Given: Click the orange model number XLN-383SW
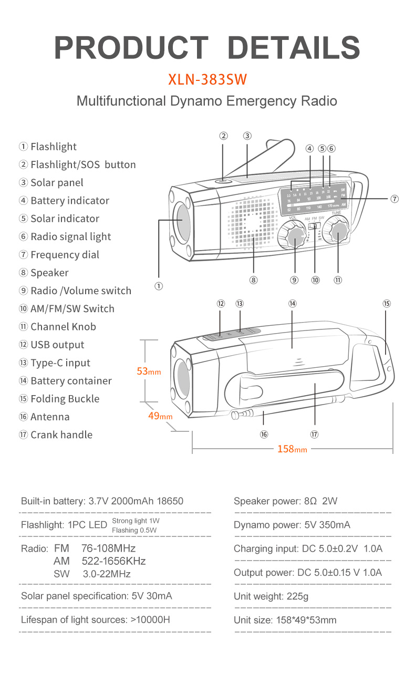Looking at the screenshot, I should point(207,79).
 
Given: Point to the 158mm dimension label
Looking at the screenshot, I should point(292,449).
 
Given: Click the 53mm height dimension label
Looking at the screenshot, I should point(149,371).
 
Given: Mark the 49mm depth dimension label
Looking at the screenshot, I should point(160,416).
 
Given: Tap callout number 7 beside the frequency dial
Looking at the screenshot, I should point(395,199).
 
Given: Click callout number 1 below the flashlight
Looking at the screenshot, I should point(159,286).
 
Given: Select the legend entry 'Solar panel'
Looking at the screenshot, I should point(57,183).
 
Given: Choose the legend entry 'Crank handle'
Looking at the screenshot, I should point(61,435).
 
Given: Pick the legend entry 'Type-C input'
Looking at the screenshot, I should point(60,363).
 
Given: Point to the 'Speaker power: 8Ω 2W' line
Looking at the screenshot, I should point(285,501).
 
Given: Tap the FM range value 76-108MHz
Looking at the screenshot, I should point(108,549).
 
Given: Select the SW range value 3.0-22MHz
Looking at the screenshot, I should point(107,574).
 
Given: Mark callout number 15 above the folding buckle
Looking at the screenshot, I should point(387,304).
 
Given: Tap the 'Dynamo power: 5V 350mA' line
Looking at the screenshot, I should point(292,525).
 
